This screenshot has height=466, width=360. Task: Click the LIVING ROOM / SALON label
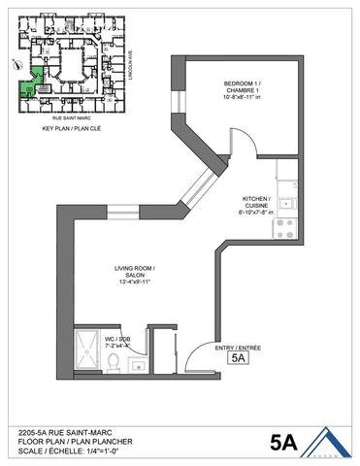pos(135,275)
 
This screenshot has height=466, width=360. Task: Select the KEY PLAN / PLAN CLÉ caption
pos(66,127)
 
